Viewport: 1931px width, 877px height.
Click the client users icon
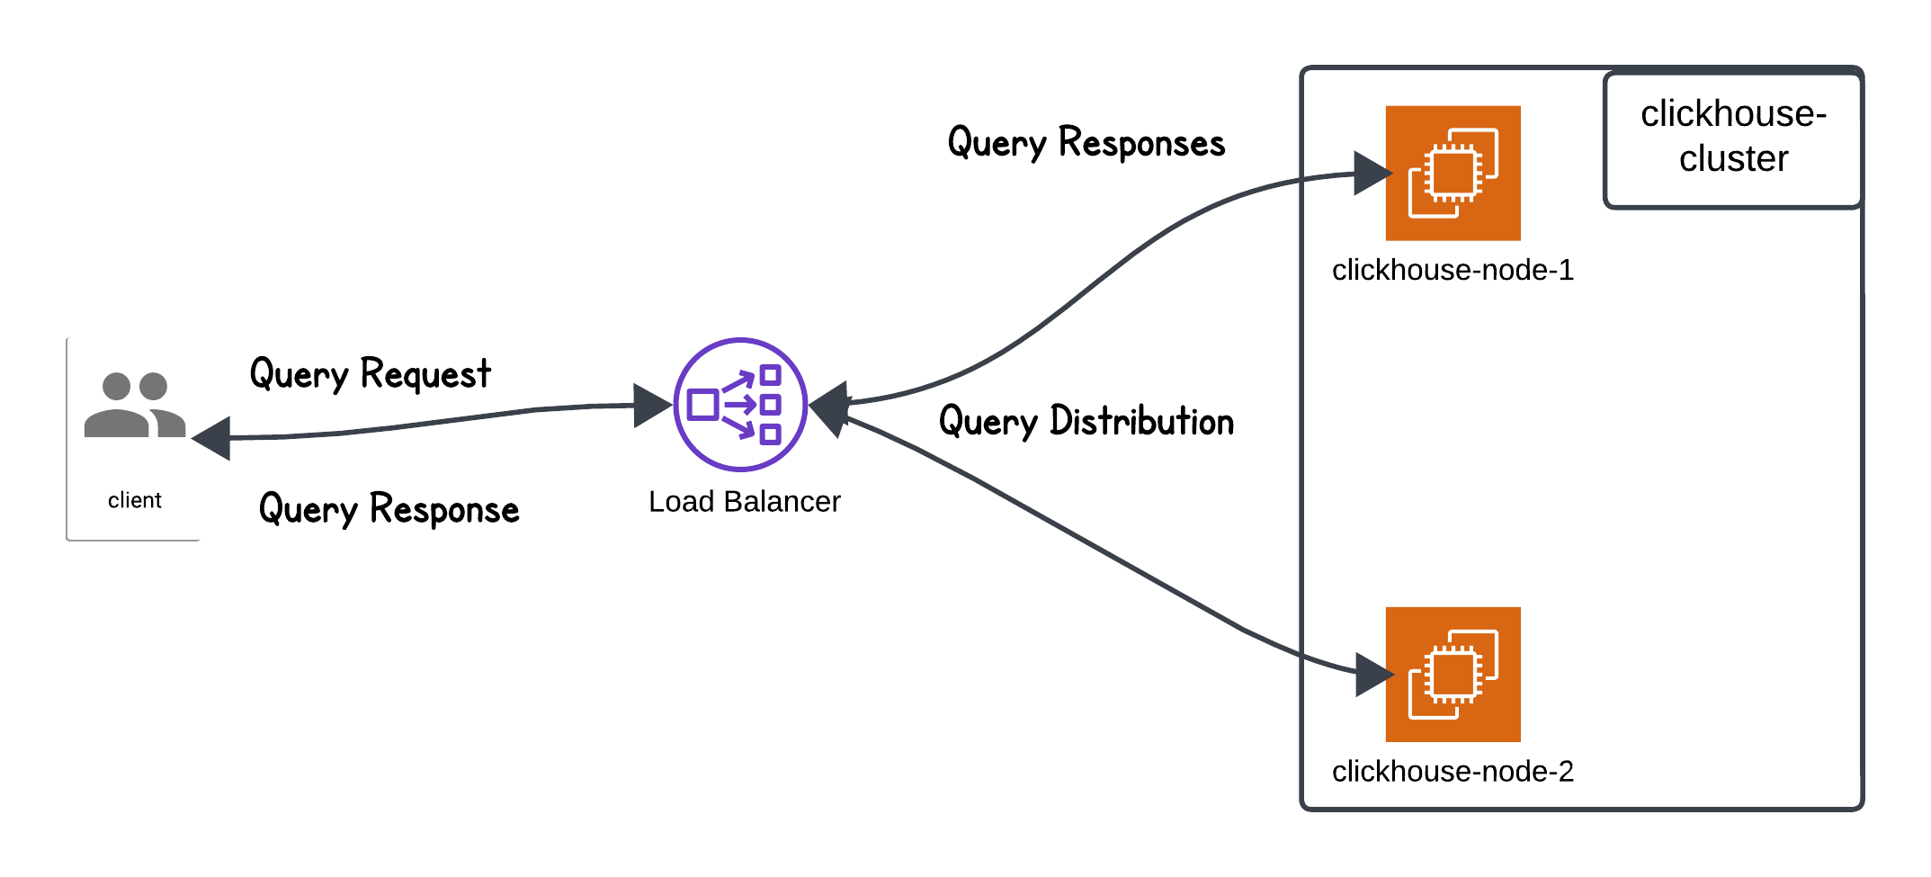(135, 405)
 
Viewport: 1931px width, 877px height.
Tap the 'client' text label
(135, 500)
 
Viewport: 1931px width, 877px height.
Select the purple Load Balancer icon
(740, 404)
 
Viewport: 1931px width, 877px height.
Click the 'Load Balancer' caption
(744, 501)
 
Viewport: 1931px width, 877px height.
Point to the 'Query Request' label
(370, 373)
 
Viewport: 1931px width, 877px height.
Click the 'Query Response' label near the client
(389, 509)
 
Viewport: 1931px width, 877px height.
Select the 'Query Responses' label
(1086, 143)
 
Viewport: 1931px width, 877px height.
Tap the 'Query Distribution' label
(1086, 421)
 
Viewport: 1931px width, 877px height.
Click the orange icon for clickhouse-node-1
(1453, 173)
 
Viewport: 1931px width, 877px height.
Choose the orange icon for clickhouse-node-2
(1453, 674)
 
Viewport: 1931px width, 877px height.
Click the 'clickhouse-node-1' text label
(1453, 270)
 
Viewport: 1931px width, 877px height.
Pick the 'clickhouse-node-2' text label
(1453, 771)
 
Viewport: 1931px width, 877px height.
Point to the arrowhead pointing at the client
(213, 438)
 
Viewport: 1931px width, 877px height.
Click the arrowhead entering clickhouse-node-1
(1371, 173)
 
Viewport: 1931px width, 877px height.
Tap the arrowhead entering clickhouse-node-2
(1372, 674)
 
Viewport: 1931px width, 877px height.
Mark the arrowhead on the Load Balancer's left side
(651, 406)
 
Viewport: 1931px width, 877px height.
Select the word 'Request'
(425, 373)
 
